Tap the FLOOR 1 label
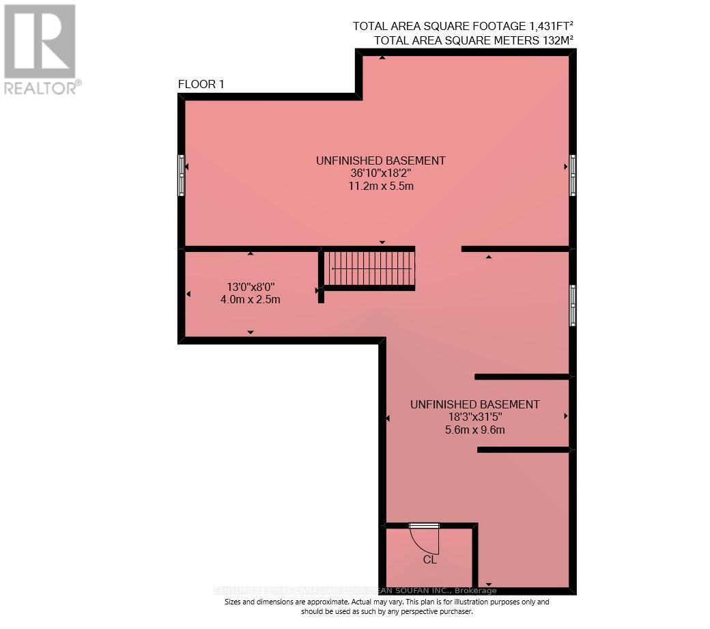pos(201,85)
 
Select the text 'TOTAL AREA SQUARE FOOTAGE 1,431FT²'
pos(463,26)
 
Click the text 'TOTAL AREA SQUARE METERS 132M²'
pos(473,40)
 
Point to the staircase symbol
pos(369,268)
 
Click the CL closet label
pos(429,559)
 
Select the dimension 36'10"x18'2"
pos(381,173)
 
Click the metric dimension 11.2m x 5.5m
pos(381,186)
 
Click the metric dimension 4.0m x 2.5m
pos(251,299)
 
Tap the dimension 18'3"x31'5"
pos(474,417)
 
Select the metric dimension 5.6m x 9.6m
pos(474,430)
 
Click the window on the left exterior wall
pos(181,176)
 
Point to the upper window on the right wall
pos(572,176)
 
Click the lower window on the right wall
pos(572,305)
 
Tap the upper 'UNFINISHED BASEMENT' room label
pos(380,160)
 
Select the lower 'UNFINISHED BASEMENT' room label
pos(474,404)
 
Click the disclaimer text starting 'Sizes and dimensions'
pos(386,606)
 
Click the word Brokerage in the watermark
pos(475,591)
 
